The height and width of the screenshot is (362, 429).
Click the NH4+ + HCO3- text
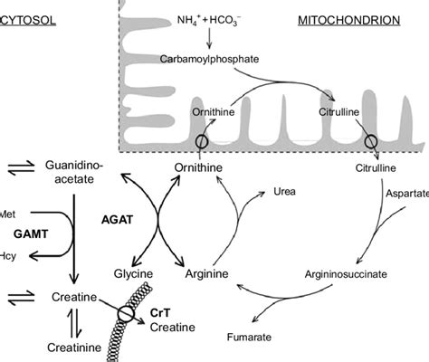211,19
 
